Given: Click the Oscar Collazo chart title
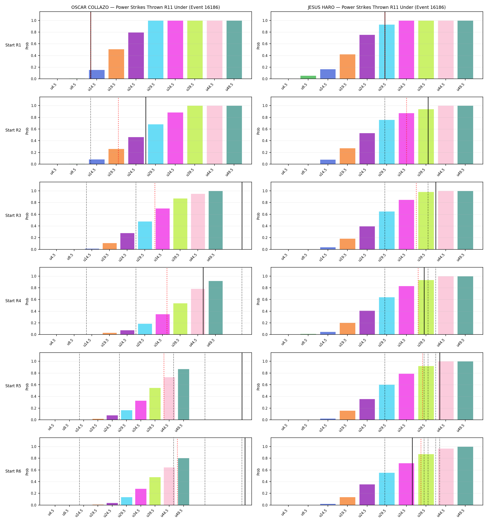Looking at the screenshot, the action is [x=145, y=7].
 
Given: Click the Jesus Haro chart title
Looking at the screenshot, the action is [x=377, y=7].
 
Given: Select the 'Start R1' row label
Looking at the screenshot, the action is [x=13, y=45].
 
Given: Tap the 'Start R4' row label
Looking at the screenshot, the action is [x=13, y=301].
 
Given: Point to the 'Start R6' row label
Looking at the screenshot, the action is [x=13, y=471].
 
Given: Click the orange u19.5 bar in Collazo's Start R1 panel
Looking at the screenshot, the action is [x=116, y=64].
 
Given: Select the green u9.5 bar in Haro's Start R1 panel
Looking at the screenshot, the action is [x=308, y=77].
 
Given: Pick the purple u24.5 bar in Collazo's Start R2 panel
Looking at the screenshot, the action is [x=136, y=150].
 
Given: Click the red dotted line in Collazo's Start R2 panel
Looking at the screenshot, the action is [x=118, y=130].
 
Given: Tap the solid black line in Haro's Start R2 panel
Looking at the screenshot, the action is [x=428, y=130].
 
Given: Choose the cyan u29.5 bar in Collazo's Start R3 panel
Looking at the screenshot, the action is [x=145, y=235].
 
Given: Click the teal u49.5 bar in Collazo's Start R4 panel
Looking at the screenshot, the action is [x=215, y=308].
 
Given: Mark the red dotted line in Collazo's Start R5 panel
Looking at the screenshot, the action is [x=164, y=386].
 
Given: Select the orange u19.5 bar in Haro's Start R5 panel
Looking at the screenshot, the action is [x=347, y=415].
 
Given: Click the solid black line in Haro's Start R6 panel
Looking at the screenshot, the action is [x=412, y=471].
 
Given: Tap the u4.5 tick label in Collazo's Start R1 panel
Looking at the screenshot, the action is [x=53, y=86].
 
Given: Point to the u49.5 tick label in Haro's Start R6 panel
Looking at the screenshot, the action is [x=461, y=513].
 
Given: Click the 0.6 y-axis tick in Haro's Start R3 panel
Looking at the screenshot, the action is [x=264, y=214].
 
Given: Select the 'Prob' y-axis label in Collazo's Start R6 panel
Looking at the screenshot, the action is [x=27, y=471].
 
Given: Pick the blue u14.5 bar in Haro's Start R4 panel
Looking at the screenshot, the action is [x=328, y=333].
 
